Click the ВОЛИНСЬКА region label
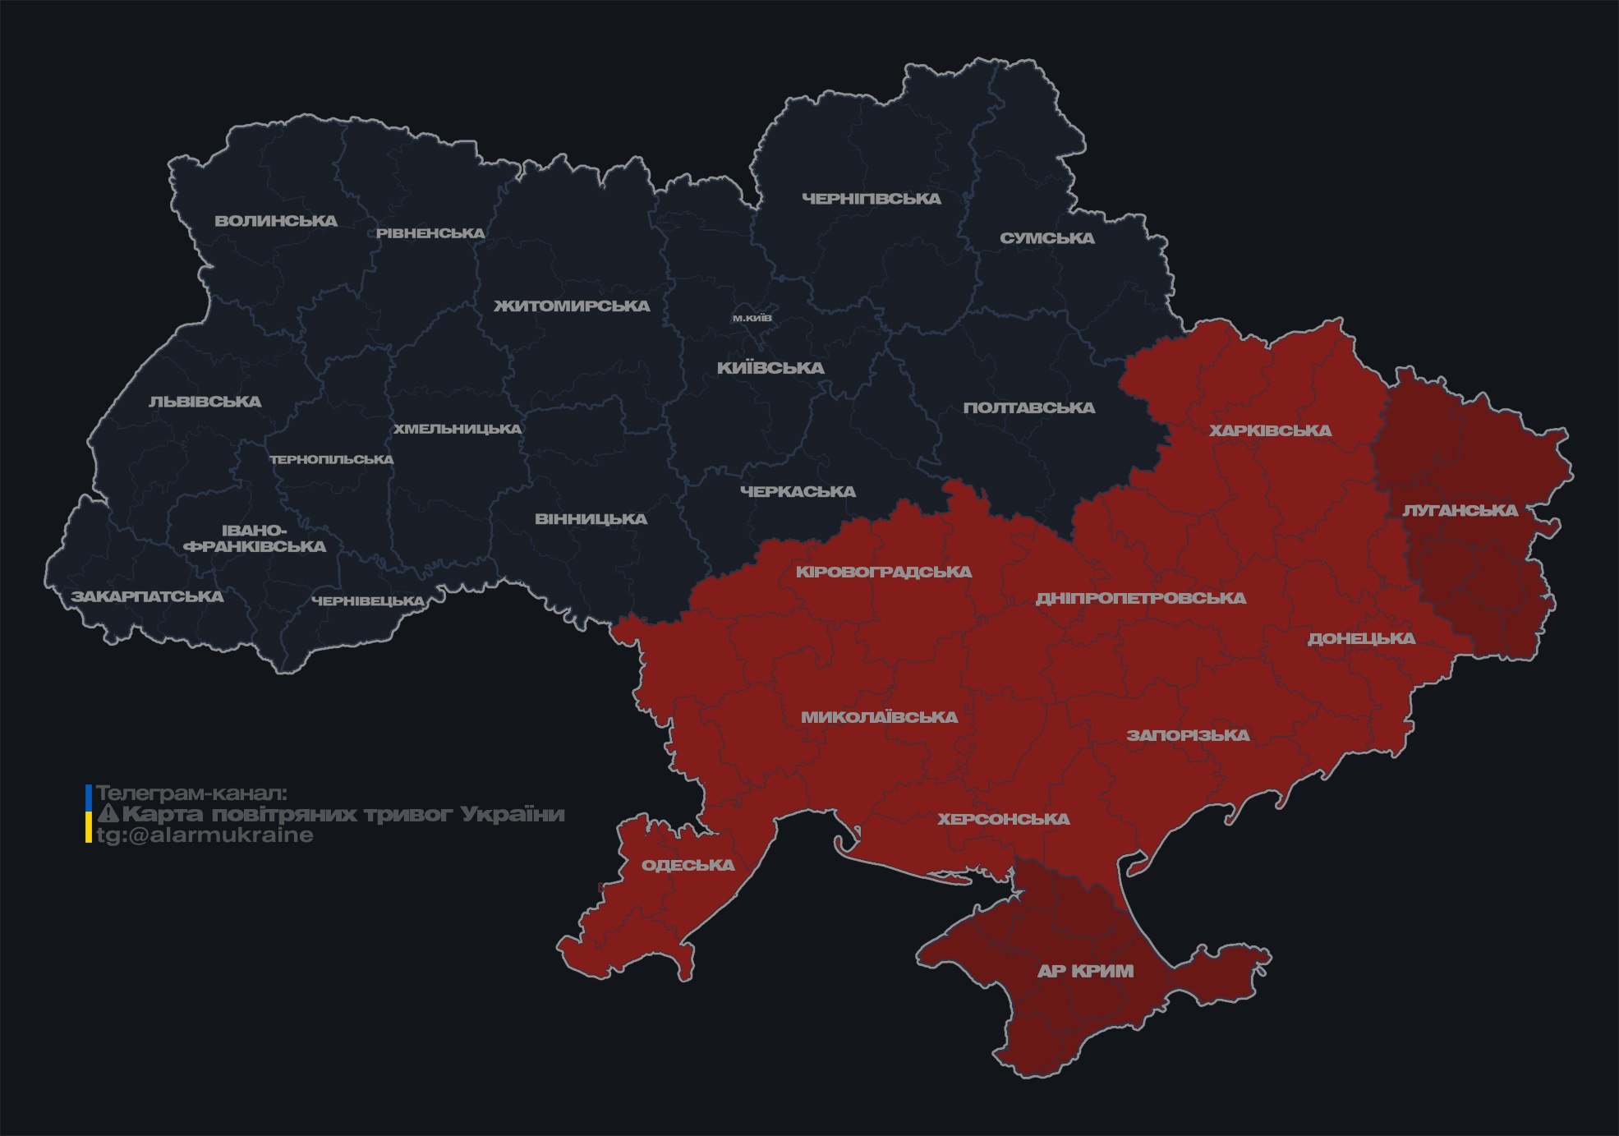[276, 221]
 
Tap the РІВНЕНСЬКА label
[430, 233]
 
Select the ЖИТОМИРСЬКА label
[572, 306]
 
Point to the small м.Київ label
[752, 318]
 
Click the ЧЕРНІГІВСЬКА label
[872, 199]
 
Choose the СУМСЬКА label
[1047, 238]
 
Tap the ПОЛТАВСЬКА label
[1029, 408]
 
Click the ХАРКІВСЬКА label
[1270, 430]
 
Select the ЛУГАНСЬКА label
[1460, 511]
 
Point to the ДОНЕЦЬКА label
[1361, 638]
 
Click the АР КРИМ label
[1085, 971]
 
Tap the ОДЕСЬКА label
[688, 865]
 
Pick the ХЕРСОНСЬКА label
[1004, 819]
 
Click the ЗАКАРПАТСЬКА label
[147, 596]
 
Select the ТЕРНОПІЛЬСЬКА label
[332, 459]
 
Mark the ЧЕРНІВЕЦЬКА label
[367, 601]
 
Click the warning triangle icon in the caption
[108, 814]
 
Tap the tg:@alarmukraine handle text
[205, 835]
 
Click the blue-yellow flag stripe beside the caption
[89, 813]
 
